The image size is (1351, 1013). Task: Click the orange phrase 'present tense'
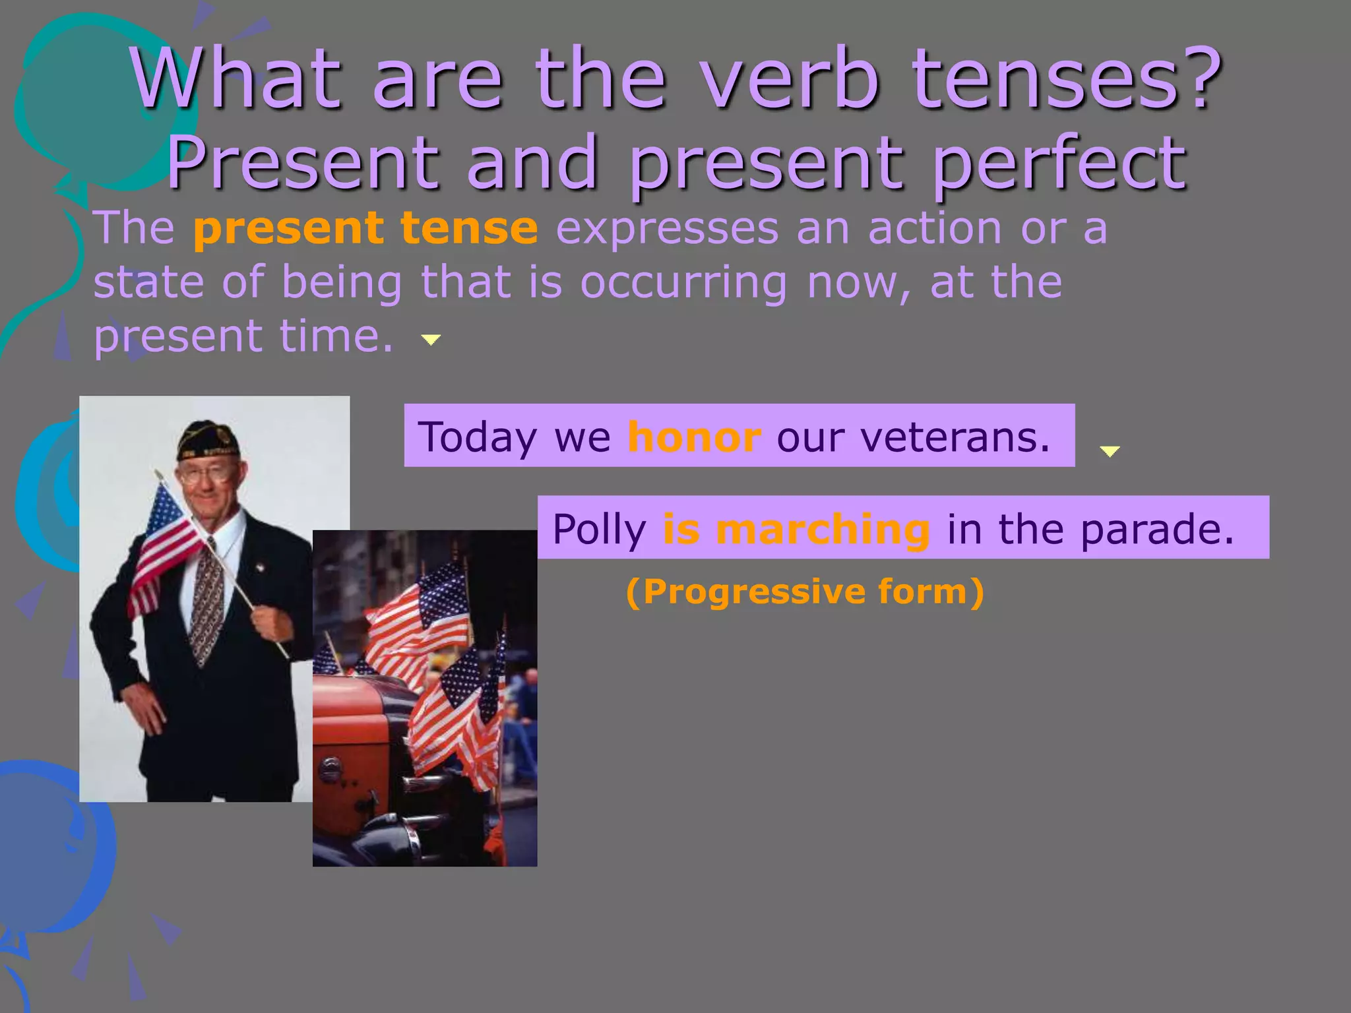(365, 228)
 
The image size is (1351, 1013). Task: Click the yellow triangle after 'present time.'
(431, 340)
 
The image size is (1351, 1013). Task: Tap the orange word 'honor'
(694, 437)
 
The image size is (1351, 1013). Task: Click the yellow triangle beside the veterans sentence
(1110, 451)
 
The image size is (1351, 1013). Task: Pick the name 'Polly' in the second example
(599, 529)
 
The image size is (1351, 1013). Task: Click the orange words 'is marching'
(796, 529)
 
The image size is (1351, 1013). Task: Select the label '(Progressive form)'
(805, 591)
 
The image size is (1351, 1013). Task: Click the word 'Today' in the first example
(478, 437)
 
